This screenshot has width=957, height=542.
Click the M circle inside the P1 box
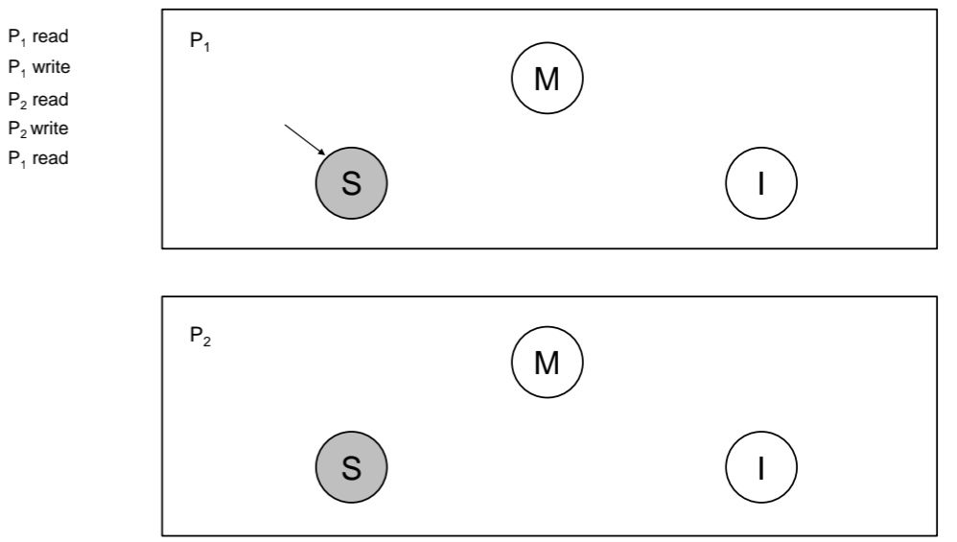point(547,78)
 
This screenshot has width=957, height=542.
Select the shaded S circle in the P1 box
point(351,182)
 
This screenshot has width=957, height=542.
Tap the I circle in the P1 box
point(761,182)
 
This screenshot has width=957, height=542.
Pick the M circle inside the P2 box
point(547,365)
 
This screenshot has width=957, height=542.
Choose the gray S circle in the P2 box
point(351,469)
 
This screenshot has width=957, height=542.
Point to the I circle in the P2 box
point(761,469)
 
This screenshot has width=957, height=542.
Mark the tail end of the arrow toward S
point(286,124)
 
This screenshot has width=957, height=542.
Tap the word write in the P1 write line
point(51,68)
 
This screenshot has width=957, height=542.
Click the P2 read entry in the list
point(38,99)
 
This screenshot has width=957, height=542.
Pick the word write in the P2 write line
point(51,129)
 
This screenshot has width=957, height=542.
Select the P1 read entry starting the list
point(38,37)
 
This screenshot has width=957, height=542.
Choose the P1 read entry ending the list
point(38,159)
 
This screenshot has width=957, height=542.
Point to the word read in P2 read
point(51,99)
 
